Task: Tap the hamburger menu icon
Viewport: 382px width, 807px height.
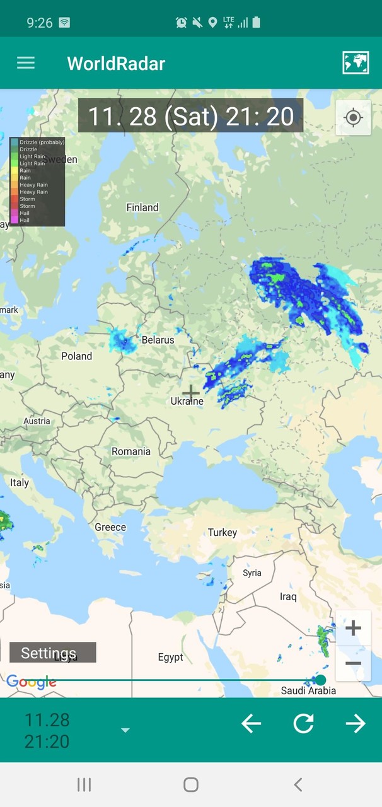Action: pos(26,63)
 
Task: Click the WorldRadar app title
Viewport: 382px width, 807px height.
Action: pos(116,64)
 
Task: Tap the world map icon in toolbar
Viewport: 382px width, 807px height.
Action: pos(356,63)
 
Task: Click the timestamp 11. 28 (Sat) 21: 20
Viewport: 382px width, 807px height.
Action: pos(190,116)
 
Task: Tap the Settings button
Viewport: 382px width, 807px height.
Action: pos(52,653)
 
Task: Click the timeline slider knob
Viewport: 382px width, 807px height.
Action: pos(321,680)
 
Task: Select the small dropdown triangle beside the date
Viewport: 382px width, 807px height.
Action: pos(125,730)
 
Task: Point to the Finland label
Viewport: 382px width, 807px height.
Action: pos(142,207)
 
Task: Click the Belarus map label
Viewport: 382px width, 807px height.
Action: pos(158,340)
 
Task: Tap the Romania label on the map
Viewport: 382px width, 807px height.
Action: pos(131,451)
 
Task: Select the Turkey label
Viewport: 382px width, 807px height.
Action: pos(223,533)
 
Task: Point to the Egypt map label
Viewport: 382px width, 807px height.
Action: pos(170,658)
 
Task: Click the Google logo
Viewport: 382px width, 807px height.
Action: pos(31,682)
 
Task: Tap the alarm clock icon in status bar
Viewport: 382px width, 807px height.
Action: pos(182,23)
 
